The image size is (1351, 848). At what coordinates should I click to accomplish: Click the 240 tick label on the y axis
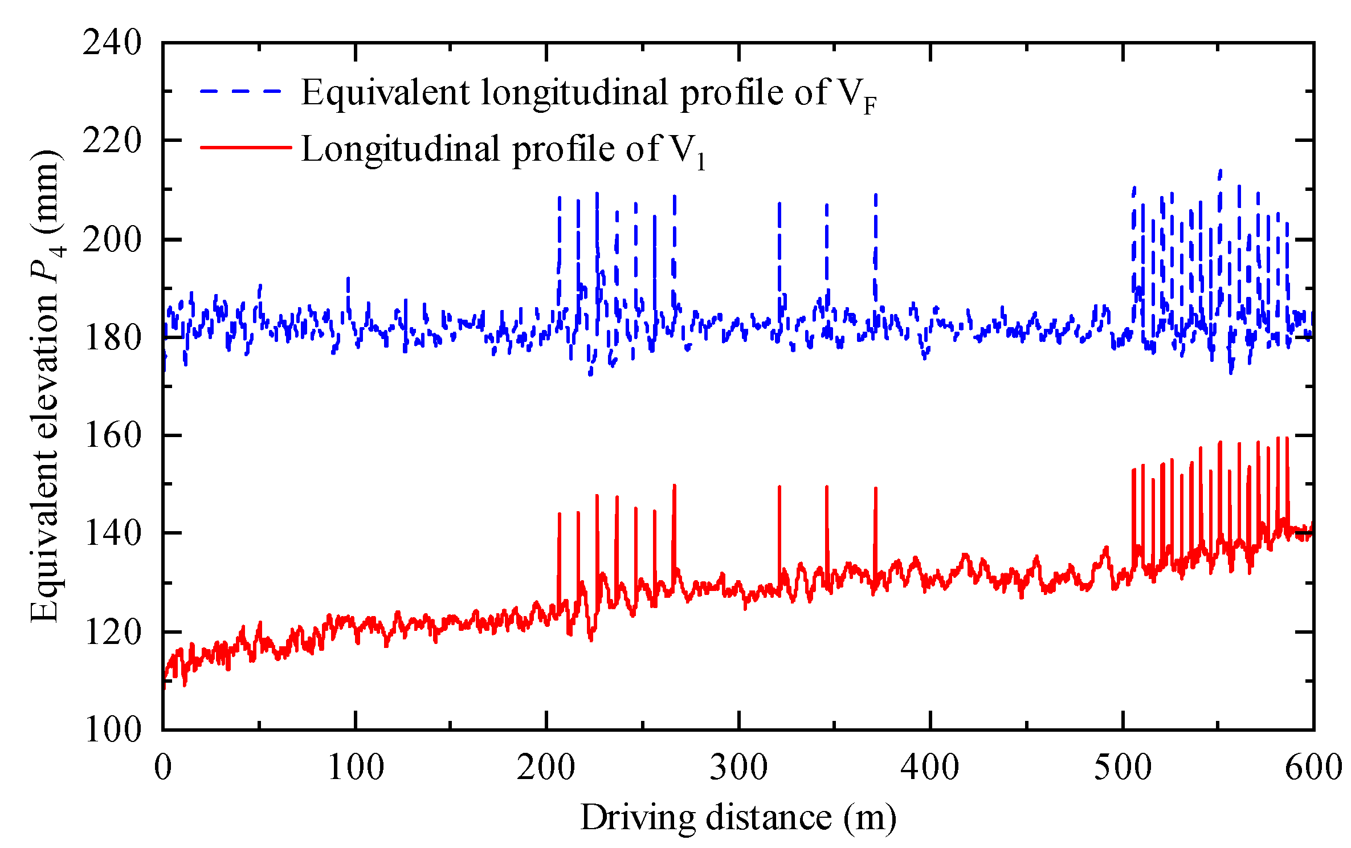tap(112, 43)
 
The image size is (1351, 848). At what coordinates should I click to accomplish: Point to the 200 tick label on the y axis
tap(112, 239)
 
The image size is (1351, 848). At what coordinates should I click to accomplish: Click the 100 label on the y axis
tap(112, 729)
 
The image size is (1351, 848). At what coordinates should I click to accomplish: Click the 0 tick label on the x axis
tap(163, 768)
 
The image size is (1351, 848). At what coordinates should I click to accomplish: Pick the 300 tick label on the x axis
tap(738, 768)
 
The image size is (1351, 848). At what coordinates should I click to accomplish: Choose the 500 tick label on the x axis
tap(1123, 768)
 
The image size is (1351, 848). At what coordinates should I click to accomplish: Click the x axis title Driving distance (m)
tap(738, 818)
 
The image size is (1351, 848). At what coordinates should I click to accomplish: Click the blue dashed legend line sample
tap(241, 92)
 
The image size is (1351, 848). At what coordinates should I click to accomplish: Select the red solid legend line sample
tap(246, 148)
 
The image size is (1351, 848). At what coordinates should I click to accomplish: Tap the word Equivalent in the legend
tap(385, 92)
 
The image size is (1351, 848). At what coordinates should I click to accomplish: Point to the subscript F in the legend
tap(869, 106)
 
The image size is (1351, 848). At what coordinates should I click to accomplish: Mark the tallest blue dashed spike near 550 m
tap(1220, 171)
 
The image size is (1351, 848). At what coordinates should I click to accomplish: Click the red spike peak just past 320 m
tap(779, 488)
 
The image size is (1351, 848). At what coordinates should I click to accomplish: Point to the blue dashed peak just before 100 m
tap(348, 279)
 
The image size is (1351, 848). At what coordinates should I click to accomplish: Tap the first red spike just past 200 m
tap(560, 515)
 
